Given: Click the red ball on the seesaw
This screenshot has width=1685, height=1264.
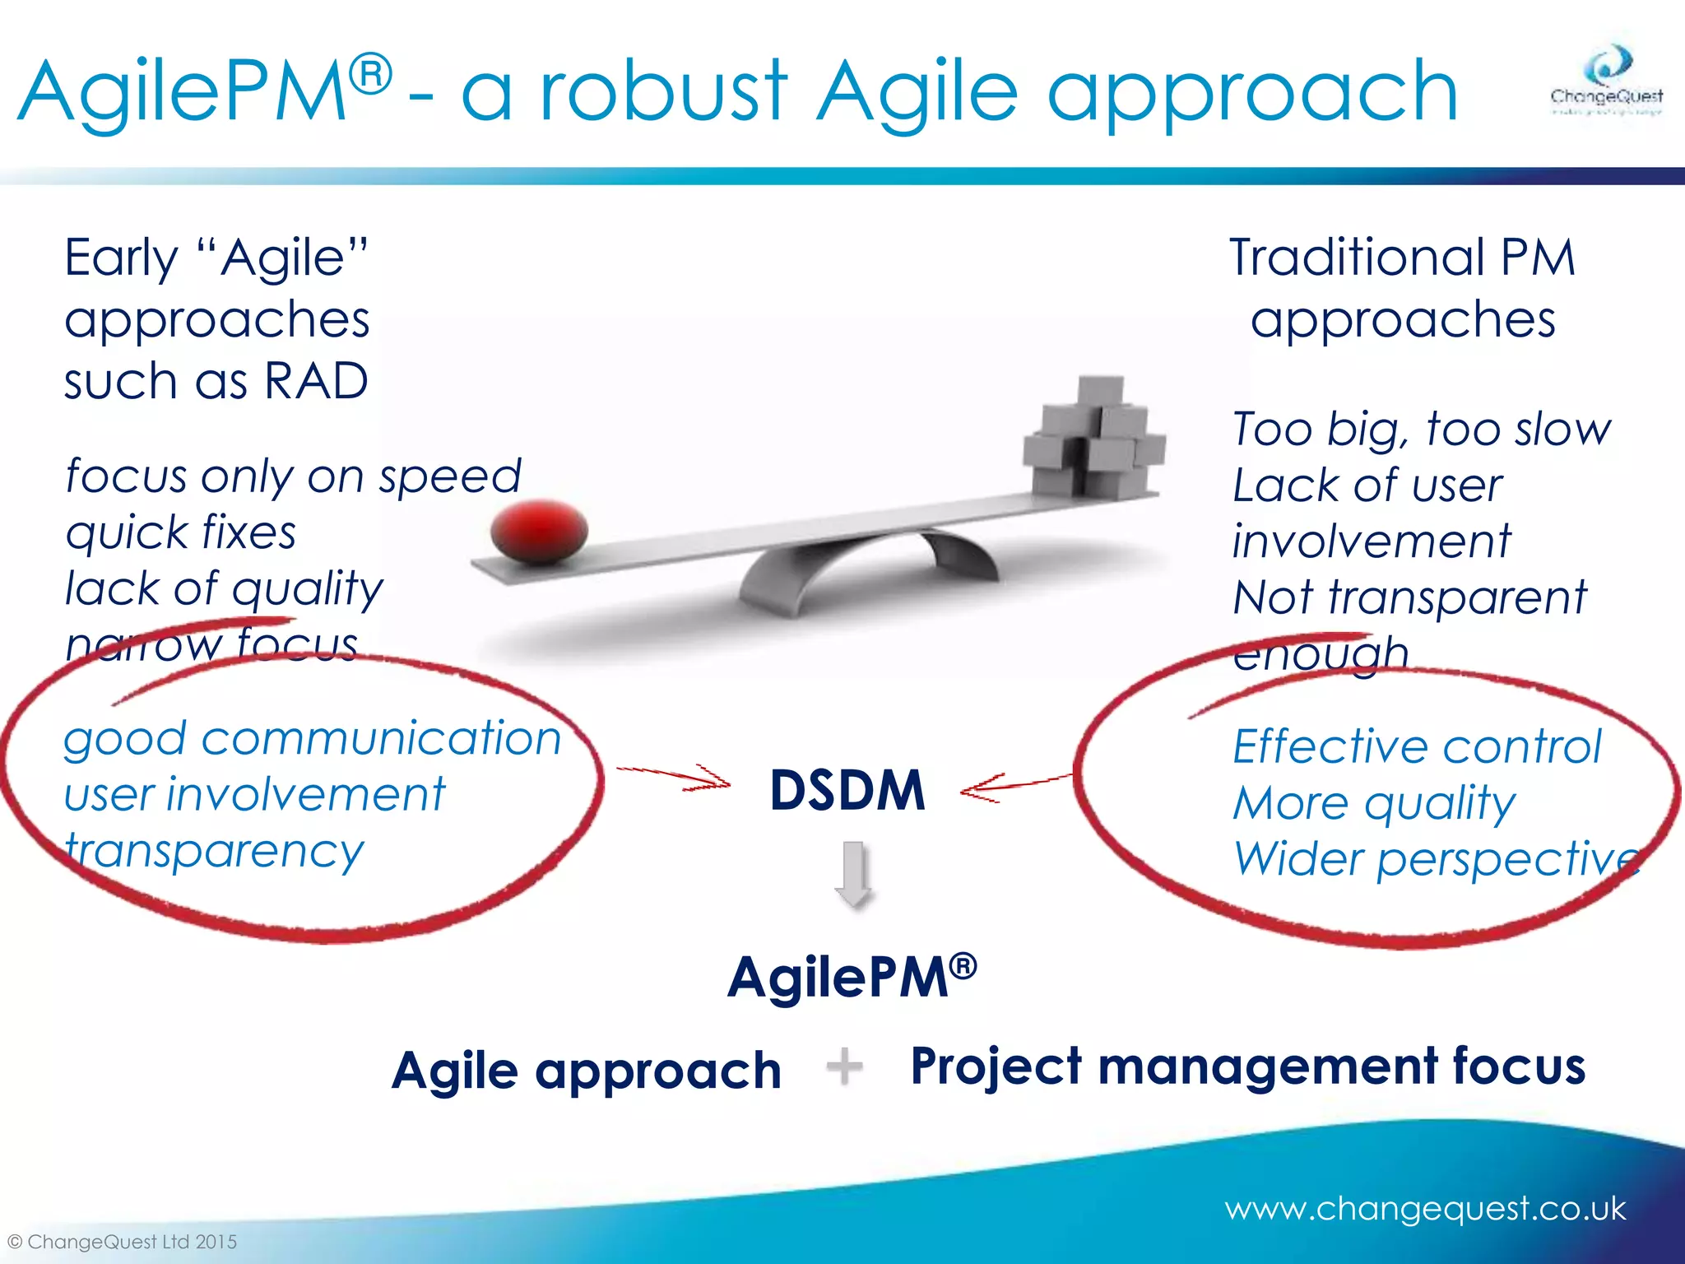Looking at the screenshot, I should pos(539,532).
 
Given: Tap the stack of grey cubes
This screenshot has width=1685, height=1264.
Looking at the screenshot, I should pos(1093,440).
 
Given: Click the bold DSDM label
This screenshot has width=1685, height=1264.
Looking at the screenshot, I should pos(847,791).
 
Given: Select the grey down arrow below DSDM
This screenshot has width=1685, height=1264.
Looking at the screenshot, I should pos(853,873).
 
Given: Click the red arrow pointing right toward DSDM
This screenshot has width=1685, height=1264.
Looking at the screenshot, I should pos(675,777).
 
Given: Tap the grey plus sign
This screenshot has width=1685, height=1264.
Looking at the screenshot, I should pos(844,1066).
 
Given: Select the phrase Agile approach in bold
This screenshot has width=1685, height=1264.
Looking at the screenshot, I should pos(586,1071).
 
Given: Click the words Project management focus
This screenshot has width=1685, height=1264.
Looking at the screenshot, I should pos(1247,1066).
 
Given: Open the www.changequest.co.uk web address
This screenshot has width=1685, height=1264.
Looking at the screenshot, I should pos(1424,1208).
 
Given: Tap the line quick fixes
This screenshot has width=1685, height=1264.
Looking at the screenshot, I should pos(181,532).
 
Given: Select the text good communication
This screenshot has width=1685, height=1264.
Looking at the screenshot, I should pos(313,738).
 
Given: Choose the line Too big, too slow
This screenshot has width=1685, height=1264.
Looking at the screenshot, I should pos(1421,429).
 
